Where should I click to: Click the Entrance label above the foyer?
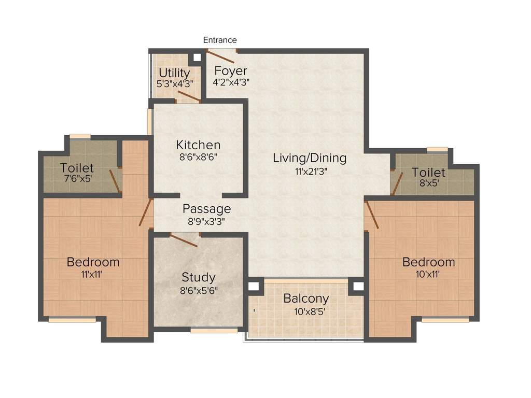220,40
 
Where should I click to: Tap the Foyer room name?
231,70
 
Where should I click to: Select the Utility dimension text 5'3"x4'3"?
174,83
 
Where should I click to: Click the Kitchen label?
198,145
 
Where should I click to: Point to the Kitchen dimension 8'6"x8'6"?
198,157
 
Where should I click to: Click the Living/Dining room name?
310,158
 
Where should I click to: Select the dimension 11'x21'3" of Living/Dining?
310,170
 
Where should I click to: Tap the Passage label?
206,209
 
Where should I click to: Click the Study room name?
198,277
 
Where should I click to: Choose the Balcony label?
306,298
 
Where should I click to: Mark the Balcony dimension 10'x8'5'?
306,312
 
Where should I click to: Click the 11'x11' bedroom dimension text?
93,275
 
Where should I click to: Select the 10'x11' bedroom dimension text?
428,275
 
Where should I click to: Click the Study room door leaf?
184,240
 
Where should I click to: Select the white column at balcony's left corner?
254,286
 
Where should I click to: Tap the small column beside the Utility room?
198,58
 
